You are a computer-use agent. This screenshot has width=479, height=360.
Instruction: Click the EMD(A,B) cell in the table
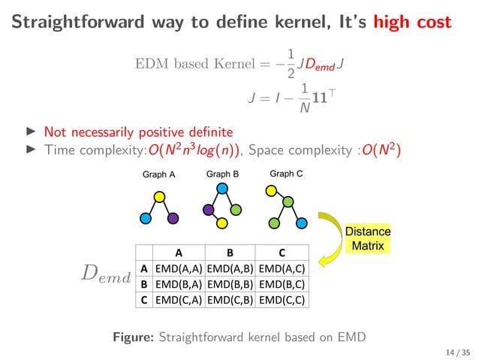[230, 267]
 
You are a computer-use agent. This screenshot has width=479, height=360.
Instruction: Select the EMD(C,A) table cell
[179, 299]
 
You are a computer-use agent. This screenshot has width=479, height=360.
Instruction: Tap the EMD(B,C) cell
[282, 283]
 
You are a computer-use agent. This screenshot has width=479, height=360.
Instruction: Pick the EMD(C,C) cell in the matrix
[282, 299]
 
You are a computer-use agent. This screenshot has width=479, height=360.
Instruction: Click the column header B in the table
[230, 253]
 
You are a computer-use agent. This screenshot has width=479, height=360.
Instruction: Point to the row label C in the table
[143, 299]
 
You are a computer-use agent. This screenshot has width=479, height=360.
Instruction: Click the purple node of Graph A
[173, 219]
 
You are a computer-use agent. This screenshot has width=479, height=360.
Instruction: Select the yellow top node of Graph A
[159, 197]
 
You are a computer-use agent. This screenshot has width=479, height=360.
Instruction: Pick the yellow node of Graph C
[270, 191]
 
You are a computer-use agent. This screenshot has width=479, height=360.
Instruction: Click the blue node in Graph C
[301, 223]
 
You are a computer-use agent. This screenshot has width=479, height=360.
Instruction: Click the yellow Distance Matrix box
[367, 237]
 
